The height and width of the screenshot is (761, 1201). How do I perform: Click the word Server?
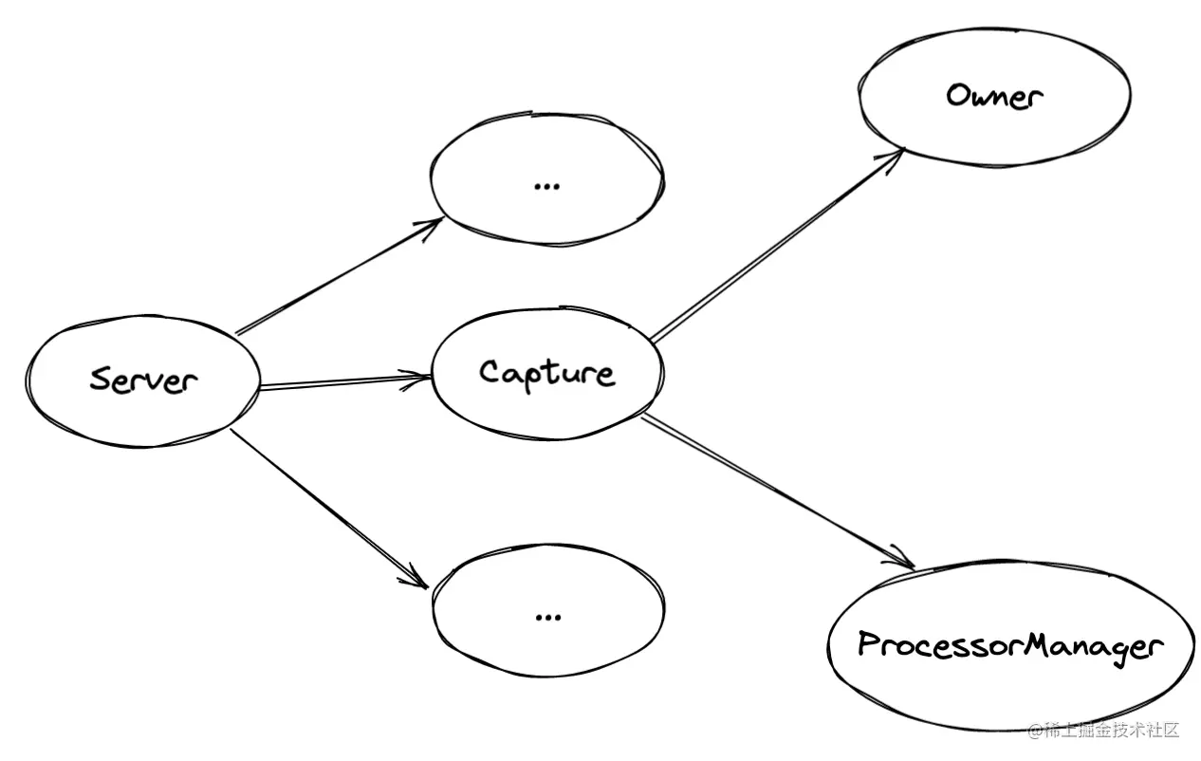pyautogui.click(x=144, y=380)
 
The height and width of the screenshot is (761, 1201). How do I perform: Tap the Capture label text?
pyautogui.click(x=546, y=372)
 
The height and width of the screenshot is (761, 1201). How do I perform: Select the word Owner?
pyautogui.click(x=994, y=96)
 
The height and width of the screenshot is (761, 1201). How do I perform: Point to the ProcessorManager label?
pyautogui.click(x=1009, y=646)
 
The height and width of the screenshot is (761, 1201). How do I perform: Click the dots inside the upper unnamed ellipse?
pyautogui.click(x=546, y=185)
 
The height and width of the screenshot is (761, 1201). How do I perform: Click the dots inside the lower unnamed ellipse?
pyautogui.click(x=547, y=617)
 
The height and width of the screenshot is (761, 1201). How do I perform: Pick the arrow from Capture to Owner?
pyautogui.click(x=773, y=245)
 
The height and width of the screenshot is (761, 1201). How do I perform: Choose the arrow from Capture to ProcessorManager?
pyautogui.click(x=773, y=491)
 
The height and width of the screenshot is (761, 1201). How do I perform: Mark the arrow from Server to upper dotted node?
pyautogui.click(x=337, y=277)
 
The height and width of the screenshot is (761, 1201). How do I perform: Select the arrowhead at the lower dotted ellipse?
pyautogui.click(x=417, y=576)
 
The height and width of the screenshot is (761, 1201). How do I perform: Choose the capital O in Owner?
pyautogui.click(x=959, y=95)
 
